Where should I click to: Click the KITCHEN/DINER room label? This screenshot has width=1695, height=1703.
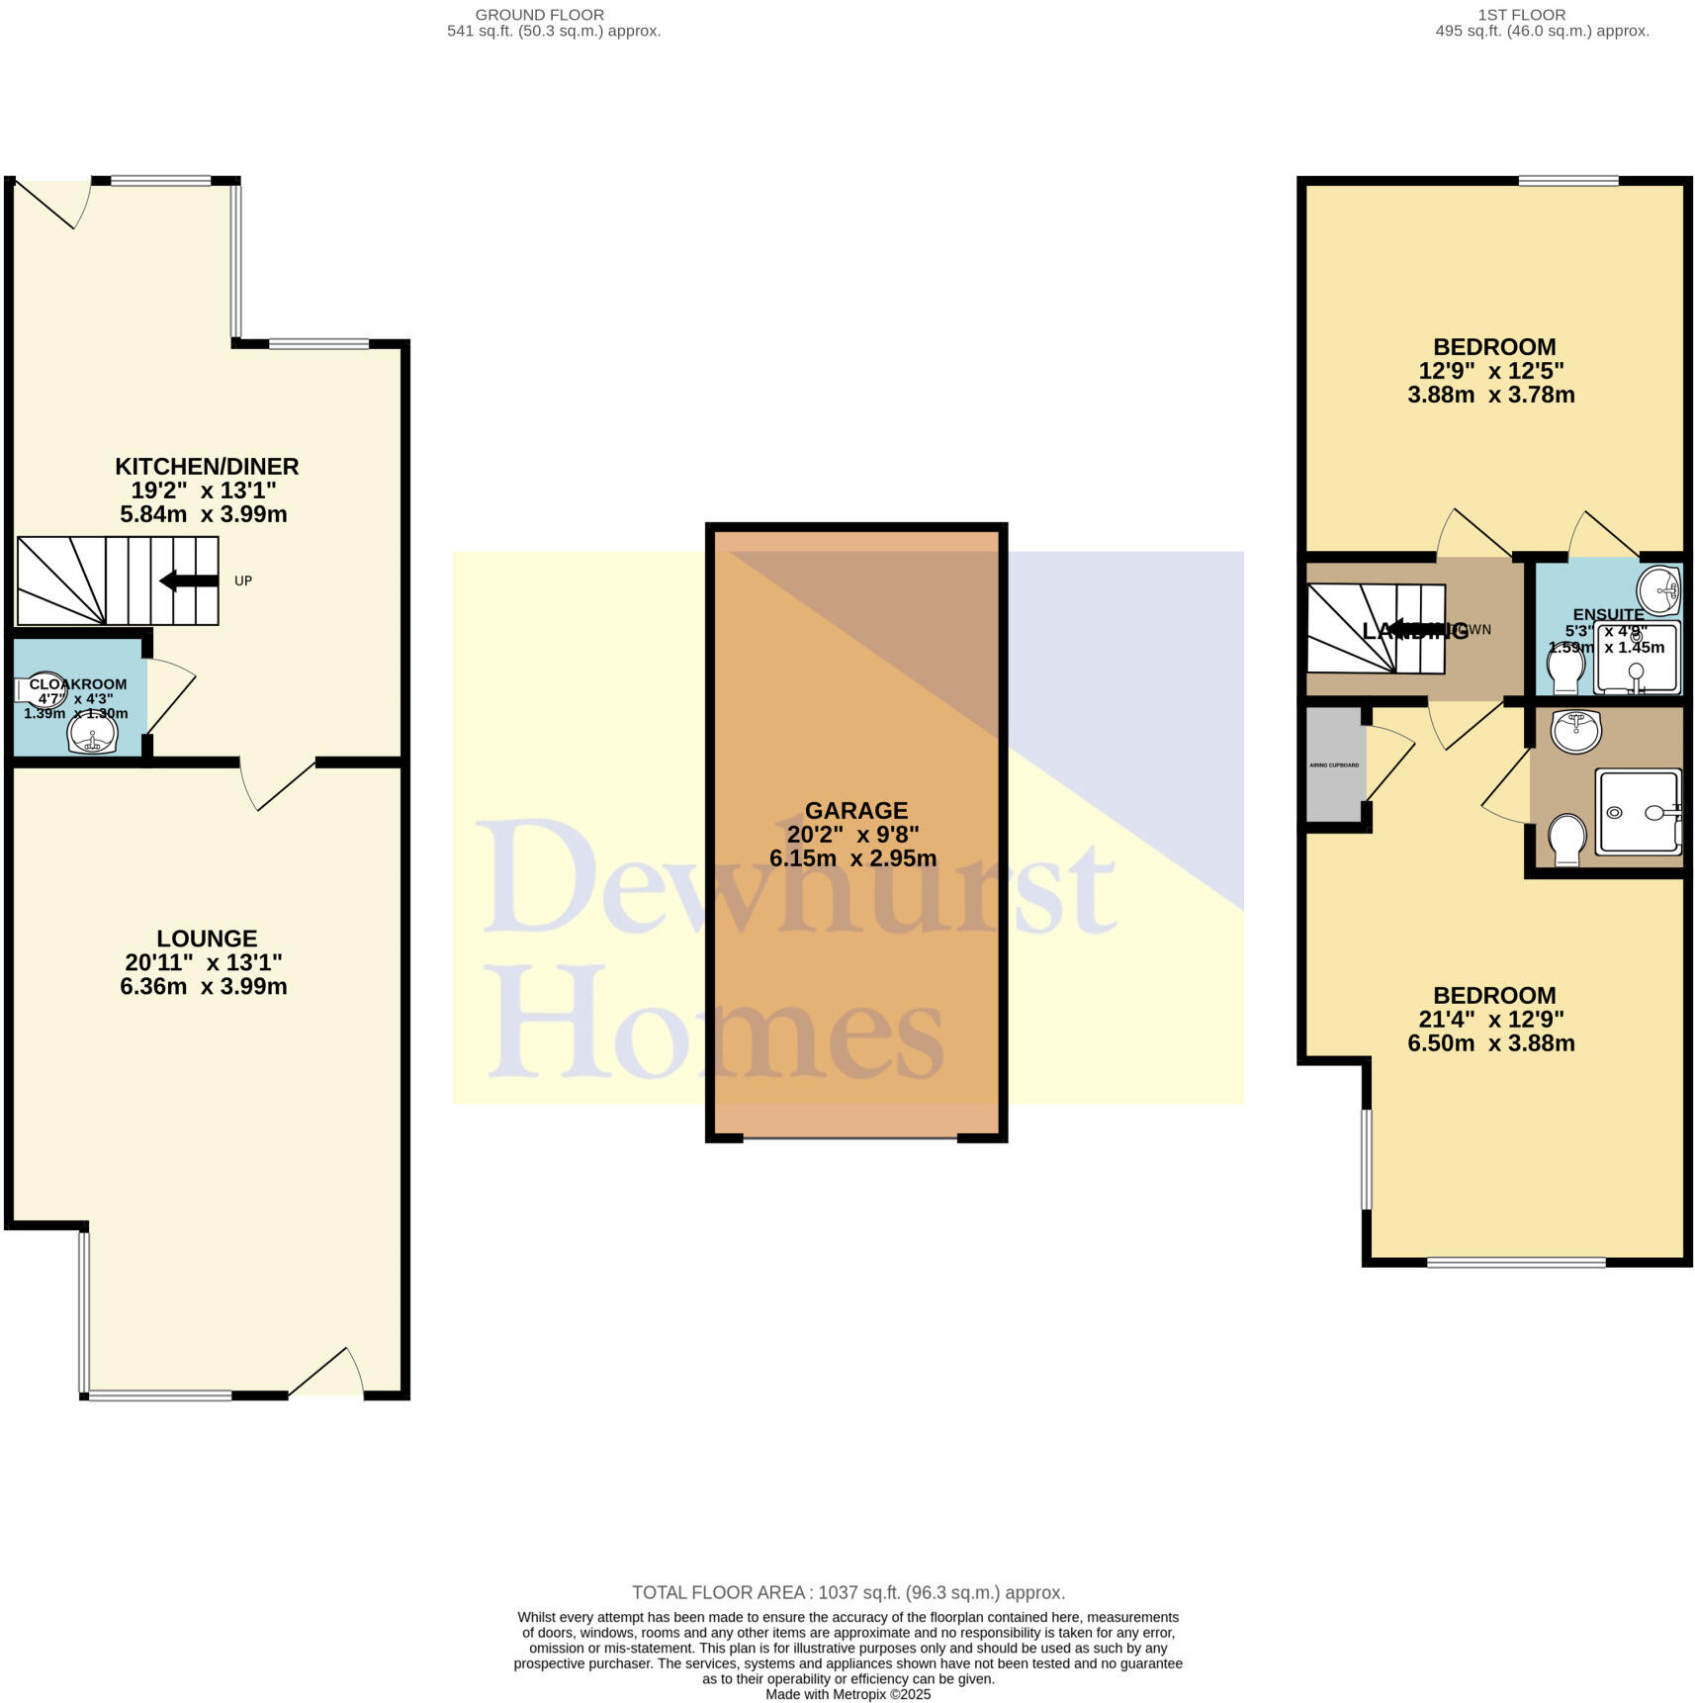coord(207,466)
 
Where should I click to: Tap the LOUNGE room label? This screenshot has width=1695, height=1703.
coord(207,939)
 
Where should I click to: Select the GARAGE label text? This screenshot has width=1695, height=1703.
coord(855,811)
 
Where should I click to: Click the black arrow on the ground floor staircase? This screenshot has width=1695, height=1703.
coord(189,581)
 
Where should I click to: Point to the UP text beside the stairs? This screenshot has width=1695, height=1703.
coord(243,581)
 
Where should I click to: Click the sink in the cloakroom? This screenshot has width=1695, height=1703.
coord(93,734)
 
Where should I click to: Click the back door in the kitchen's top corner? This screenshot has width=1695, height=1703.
coord(54,202)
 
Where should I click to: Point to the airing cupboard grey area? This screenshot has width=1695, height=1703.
coord(1335,764)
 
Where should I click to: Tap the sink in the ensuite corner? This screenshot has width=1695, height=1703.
coord(1658,590)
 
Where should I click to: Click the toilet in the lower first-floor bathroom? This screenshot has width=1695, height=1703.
coord(1565,837)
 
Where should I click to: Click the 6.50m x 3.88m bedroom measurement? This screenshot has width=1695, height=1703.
coord(1491,1043)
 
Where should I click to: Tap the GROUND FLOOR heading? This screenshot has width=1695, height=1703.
coord(539,15)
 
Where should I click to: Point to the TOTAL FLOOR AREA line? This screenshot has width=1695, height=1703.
coord(847,1592)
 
